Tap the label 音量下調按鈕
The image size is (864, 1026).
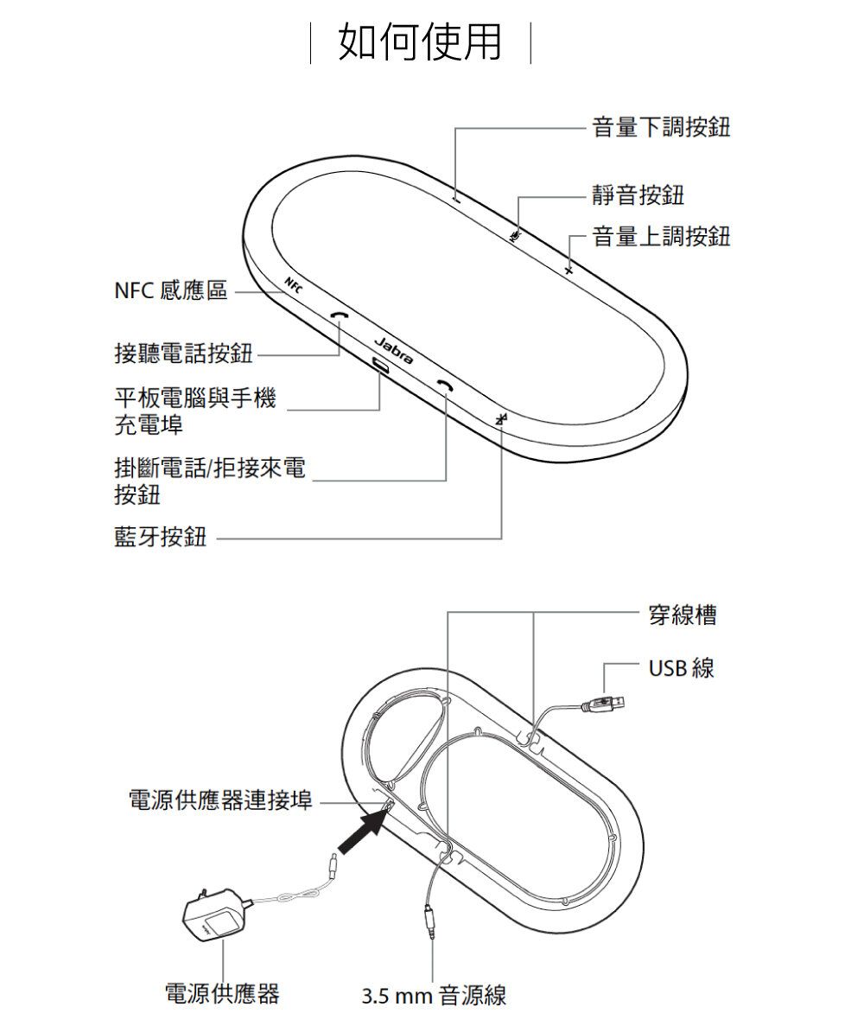[661, 128]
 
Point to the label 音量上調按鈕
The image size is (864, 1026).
[661, 236]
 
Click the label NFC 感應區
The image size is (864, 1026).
[170, 292]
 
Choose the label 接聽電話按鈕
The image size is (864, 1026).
[183, 354]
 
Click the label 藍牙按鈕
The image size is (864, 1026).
[161, 538]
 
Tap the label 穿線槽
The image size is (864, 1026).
[682, 615]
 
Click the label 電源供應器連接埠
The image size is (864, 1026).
[220, 801]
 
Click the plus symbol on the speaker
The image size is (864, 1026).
[568, 271]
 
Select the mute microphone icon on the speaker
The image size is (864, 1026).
[516, 234]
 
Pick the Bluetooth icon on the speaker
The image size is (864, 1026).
[501, 418]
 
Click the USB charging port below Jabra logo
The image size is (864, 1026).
[380, 366]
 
